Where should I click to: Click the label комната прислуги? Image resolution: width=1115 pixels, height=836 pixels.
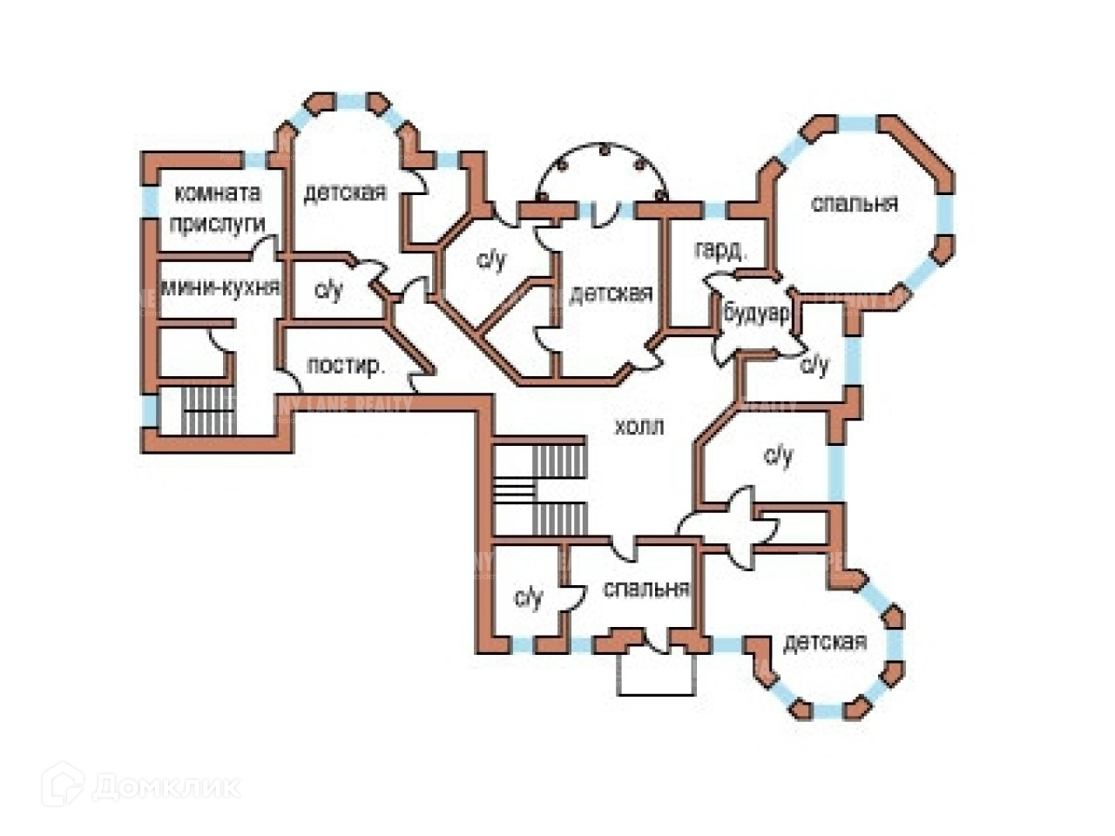tap(218, 208)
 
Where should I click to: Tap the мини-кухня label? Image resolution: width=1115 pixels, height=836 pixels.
tap(220, 288)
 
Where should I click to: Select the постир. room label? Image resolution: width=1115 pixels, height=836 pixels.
tap(346, 367)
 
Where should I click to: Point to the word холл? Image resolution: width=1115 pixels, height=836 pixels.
tap(639, 427)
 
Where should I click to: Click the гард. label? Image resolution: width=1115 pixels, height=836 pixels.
tap(720, 251)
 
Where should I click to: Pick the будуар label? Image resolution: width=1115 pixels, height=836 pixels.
tap(756, 313)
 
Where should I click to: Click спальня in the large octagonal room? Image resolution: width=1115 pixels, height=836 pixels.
tap(854, 204)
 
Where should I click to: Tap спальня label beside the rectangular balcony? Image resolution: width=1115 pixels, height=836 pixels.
tap(646, 590)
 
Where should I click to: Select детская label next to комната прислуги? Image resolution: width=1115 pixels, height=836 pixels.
tap(345, 192)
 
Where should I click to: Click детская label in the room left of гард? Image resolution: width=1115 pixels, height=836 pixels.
tap(611, 294)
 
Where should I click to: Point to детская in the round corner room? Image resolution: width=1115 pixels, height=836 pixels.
tap(825, 643)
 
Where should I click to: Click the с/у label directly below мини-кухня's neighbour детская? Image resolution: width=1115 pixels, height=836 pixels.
tap(328, 290)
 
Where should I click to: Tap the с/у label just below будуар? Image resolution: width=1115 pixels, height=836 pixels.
tap(815, 365)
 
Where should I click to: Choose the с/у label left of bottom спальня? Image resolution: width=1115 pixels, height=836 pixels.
tap(528, 597)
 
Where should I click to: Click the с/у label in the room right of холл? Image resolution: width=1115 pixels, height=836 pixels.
tap(779, 455)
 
